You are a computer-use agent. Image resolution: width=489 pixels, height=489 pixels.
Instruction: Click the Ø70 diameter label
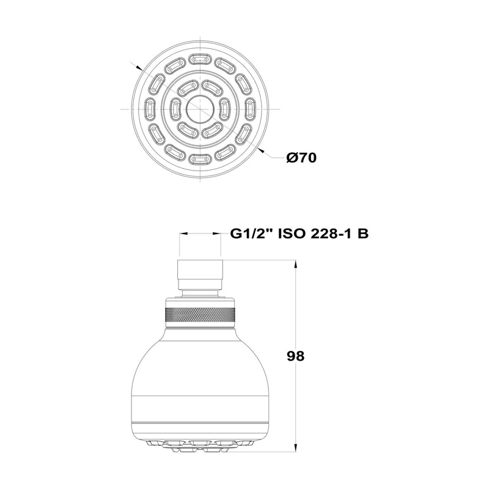[301, 158]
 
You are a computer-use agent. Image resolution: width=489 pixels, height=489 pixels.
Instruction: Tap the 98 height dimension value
[295, 356]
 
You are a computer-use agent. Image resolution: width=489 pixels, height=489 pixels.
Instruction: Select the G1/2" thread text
[251, 233]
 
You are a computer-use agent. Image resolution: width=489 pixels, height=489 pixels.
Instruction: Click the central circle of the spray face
[200, 109]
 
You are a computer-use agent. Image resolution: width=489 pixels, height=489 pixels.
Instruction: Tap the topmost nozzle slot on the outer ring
[200, 59]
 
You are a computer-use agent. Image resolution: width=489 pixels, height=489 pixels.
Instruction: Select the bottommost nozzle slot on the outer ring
[200, 159]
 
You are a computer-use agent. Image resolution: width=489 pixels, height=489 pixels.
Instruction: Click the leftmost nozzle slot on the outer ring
[150, 109]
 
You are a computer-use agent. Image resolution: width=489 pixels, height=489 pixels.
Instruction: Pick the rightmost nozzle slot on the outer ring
[250, 109]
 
